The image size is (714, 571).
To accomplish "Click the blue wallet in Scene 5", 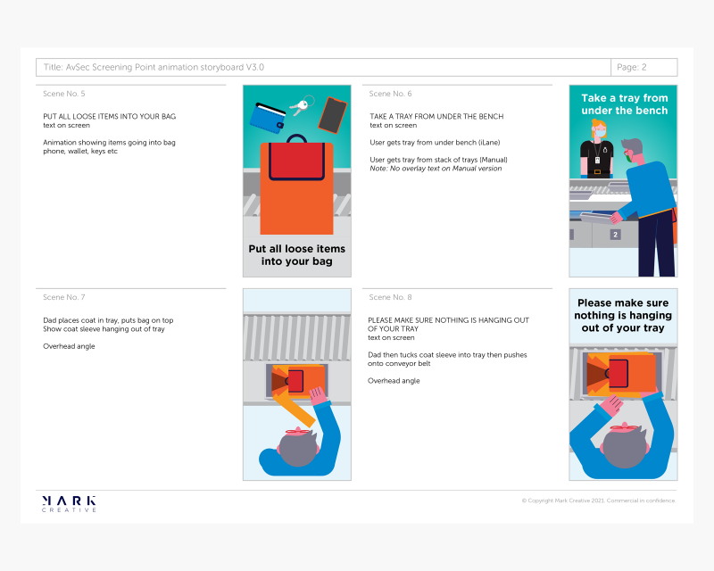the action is pos(268,118).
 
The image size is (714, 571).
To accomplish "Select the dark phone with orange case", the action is pos(333,115).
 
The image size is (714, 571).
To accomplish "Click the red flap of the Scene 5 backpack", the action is pos(296,161).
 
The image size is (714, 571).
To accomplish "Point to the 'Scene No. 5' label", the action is pos(63,94).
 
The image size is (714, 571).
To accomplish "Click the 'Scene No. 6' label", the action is pos(390,94).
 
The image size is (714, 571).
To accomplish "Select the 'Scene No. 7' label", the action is pos(63,297).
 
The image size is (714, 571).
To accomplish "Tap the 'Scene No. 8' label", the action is pos(390,297).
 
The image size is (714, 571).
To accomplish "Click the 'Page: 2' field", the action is pos(643,68).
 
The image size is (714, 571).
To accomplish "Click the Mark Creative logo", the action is pos(69,503).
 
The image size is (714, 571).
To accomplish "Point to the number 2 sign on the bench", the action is pos(615,235).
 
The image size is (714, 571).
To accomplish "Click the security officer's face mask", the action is pos(601,134).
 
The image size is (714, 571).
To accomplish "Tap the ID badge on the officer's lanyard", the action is pos(597,161).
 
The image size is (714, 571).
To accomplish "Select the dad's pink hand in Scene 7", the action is pos(319,395).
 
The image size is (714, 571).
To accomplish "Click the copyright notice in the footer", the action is pos(599,501).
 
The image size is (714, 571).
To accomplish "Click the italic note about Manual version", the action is pos(436,169).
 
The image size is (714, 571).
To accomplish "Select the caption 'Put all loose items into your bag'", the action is pos(297,255).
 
